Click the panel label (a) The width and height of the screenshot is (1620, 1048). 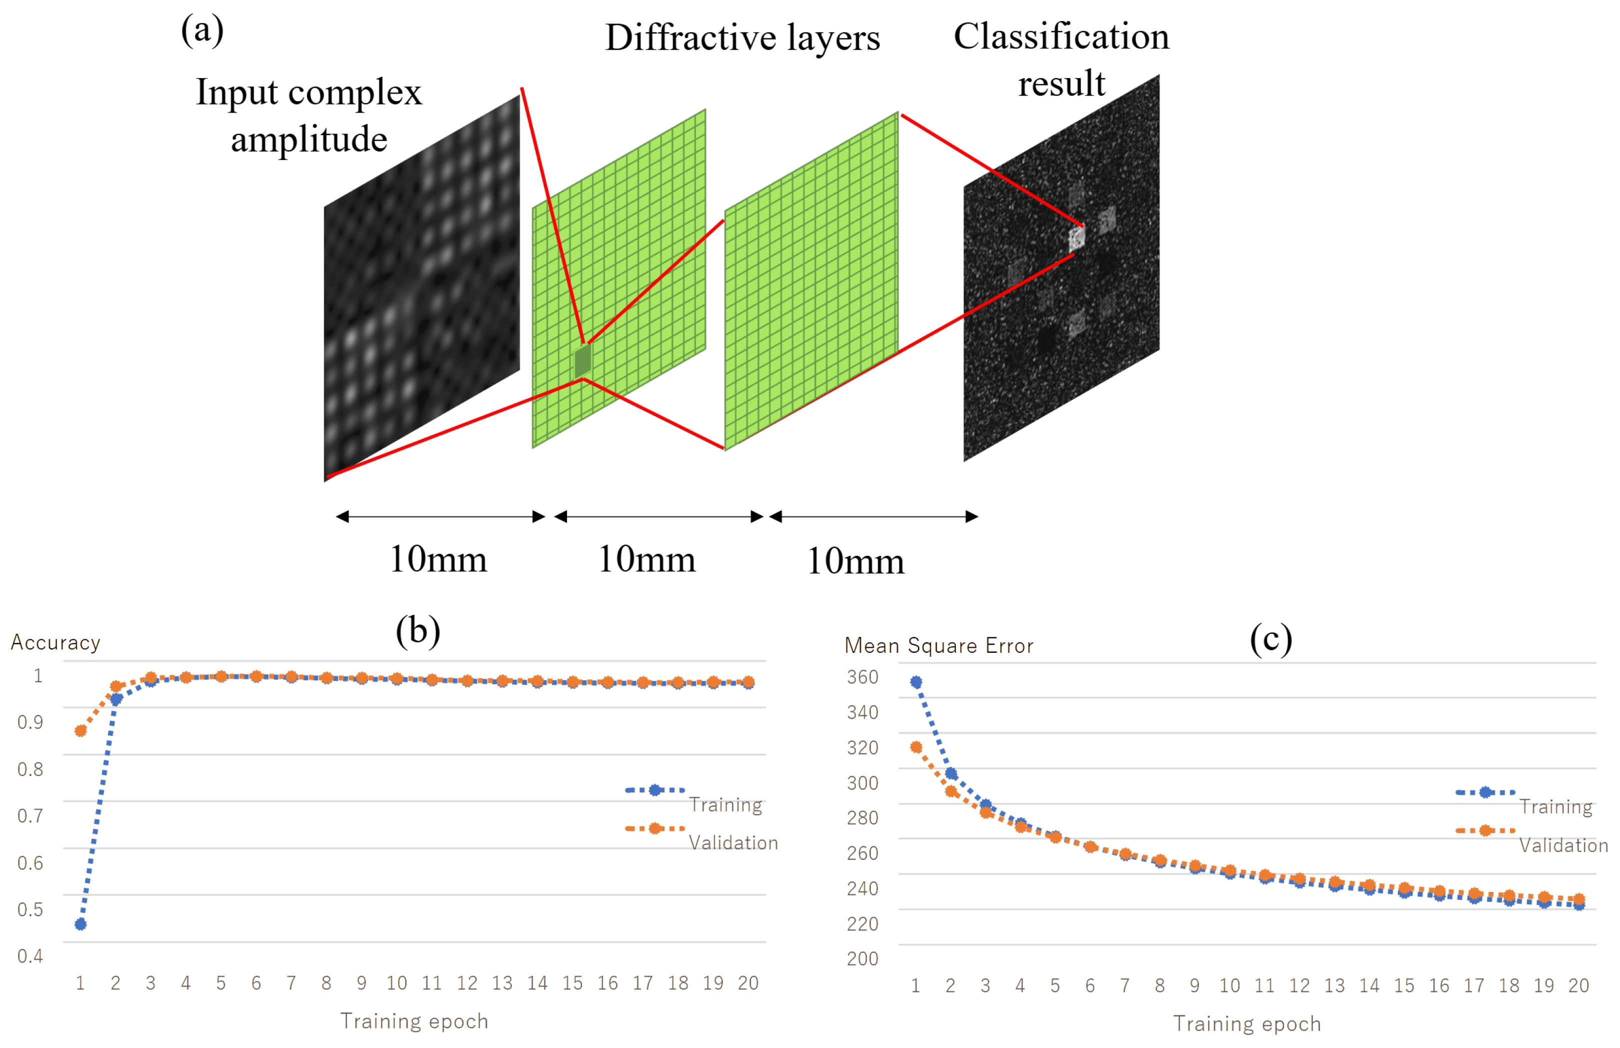click(x=202, y=31)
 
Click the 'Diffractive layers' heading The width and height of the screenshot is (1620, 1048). click(x=742, y=38)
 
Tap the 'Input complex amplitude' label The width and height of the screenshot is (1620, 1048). click(x=309, y=115)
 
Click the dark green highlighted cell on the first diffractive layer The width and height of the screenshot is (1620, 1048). click(x=582, y=361)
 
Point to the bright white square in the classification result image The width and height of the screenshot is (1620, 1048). click(x=1076, y=238)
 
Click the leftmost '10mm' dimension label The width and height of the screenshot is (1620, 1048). click(x=438, y=559)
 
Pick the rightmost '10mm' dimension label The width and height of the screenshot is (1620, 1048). click(x=855, y=561)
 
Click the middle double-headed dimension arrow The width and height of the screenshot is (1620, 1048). click(x=658, y=517)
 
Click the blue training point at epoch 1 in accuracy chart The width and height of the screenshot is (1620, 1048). click(x=80, y=923)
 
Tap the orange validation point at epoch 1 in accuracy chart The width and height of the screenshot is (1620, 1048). click(x=80, y=731)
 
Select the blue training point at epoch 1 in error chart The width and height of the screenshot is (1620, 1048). click(x=916, y=682)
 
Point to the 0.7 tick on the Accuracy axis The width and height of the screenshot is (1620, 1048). click(x=30, y=815)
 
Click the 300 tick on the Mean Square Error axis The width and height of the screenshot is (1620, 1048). click(x=862, y=782)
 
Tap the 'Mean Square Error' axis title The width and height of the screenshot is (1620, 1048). click(x=938, y=645)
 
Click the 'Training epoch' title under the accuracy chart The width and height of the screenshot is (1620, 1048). click(x=414, y=1021)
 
